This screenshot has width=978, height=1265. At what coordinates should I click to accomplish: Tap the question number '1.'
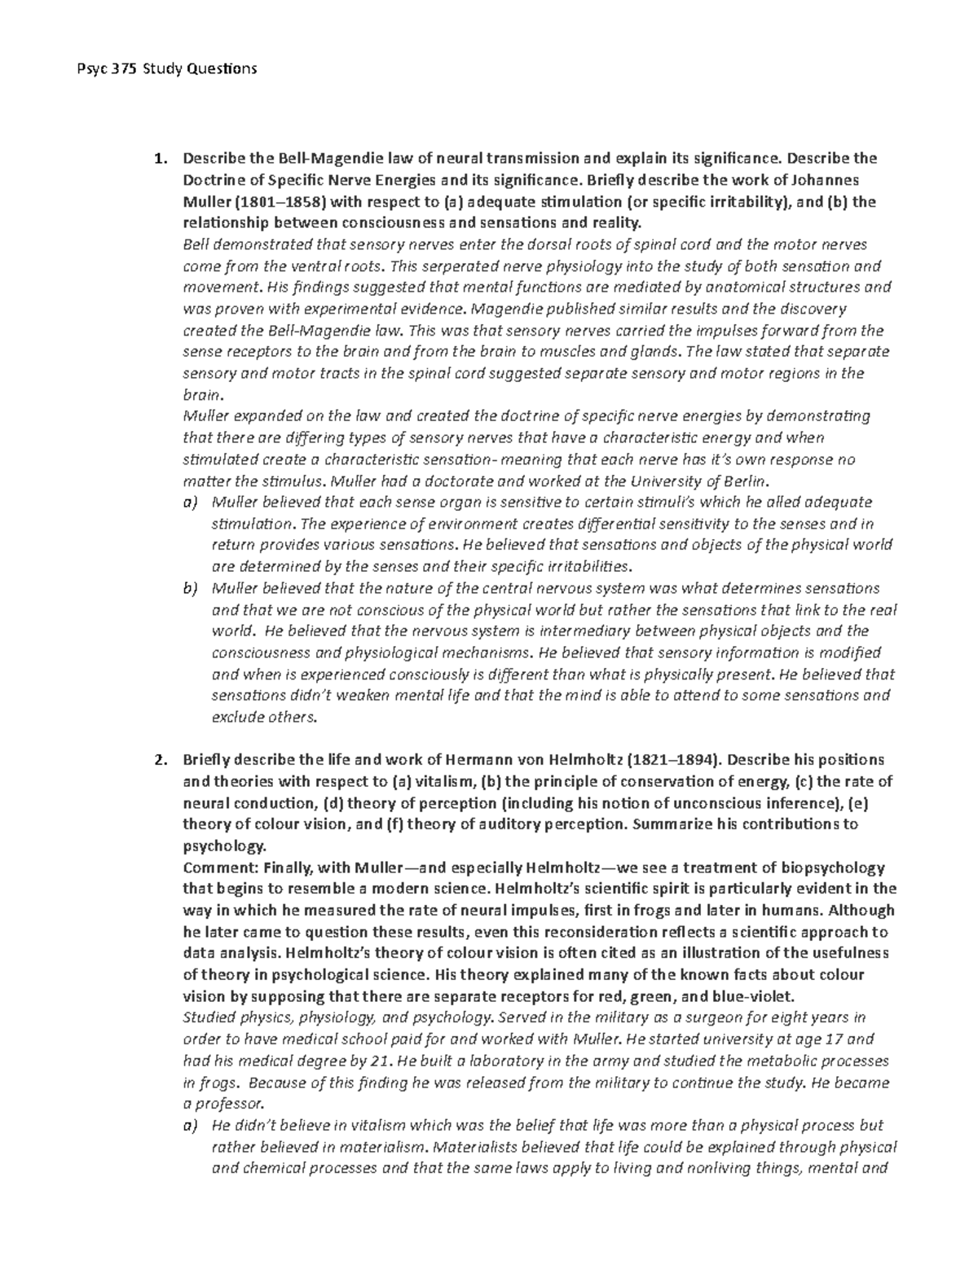coord(161,158)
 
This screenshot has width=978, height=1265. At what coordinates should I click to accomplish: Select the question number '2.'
coord(161,760)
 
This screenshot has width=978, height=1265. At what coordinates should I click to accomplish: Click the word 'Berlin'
coord(743,481)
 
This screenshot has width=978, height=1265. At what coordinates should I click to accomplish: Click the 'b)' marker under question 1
coord(190,588)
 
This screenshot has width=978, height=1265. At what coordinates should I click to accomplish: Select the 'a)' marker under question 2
coord(190,1126)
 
